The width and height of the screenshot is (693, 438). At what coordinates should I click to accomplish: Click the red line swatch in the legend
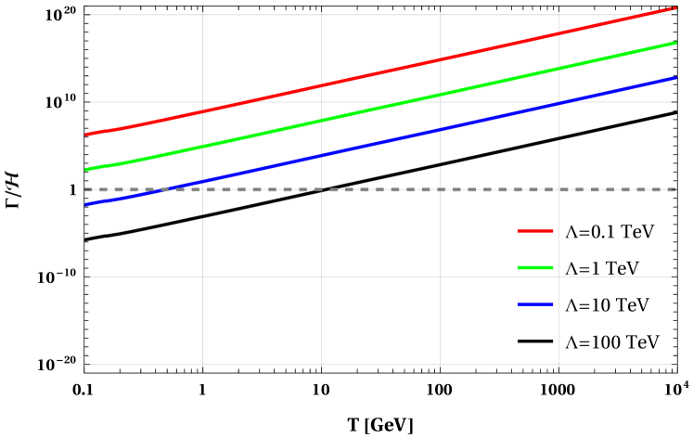[x=535, y=231]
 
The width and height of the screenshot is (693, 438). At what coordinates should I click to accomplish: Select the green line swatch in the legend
[x=535, y=267]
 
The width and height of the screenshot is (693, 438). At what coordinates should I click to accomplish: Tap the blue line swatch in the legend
[x=535, y=304]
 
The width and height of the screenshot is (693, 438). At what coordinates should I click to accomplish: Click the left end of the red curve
[x=86, y=135]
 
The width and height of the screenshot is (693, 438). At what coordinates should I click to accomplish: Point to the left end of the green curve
[x=86, y=170]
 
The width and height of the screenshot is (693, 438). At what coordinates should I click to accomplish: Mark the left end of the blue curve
[x=86, y=204]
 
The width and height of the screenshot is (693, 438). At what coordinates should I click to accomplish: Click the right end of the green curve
[x=675, y=43]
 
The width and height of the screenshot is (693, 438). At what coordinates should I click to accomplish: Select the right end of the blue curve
[x=675, y=78]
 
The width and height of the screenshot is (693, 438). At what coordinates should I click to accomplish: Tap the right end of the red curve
[x=675, y=7]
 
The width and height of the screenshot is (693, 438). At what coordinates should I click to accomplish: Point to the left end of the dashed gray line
[x=86, y=189]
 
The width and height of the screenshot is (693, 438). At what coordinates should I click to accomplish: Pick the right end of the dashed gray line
[x=675, y=189]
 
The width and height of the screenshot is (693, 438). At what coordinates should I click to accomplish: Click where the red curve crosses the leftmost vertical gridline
[x=202, y=111]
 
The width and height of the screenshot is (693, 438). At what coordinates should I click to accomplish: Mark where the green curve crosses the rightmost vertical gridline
[x=558, y=69]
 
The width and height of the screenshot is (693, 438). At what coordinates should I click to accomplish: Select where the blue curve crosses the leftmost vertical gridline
[x=202, y=181]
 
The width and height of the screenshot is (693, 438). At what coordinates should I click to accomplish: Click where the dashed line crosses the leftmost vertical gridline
[x=202, y=189]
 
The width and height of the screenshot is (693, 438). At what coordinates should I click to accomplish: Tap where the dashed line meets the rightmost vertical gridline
[x=558, y=189]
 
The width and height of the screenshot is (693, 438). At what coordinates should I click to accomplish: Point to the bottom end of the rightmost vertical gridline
[x=558, y=364]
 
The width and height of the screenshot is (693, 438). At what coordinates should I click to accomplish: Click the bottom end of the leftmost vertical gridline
[x=202, y=364]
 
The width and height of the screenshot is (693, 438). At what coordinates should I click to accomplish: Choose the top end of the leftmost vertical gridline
[x=202, y=13]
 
